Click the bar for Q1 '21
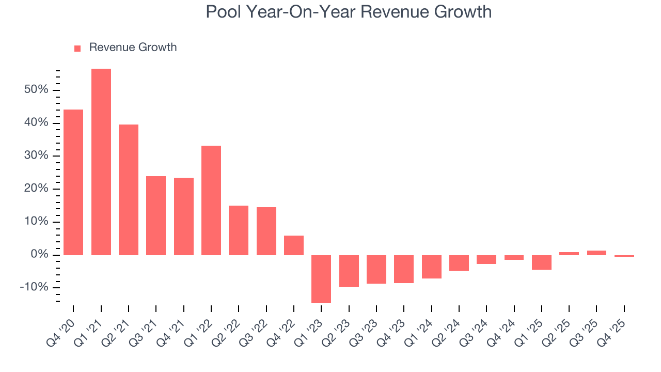coord(101,162)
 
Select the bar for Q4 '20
coord(73,182)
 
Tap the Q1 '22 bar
coord(211,200)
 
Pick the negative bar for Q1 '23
coord(321,278)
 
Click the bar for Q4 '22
coord(294,245)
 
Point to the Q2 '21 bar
coord(129,190)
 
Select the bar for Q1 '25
coord(542,262)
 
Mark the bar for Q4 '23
coord(404,269)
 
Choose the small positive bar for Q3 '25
coord(596,253)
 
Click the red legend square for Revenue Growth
coord(77,49)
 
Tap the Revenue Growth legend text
coord(133,48)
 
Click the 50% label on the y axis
coord(36,90)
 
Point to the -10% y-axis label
coord(34,288)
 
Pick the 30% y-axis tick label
coord(36,156)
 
